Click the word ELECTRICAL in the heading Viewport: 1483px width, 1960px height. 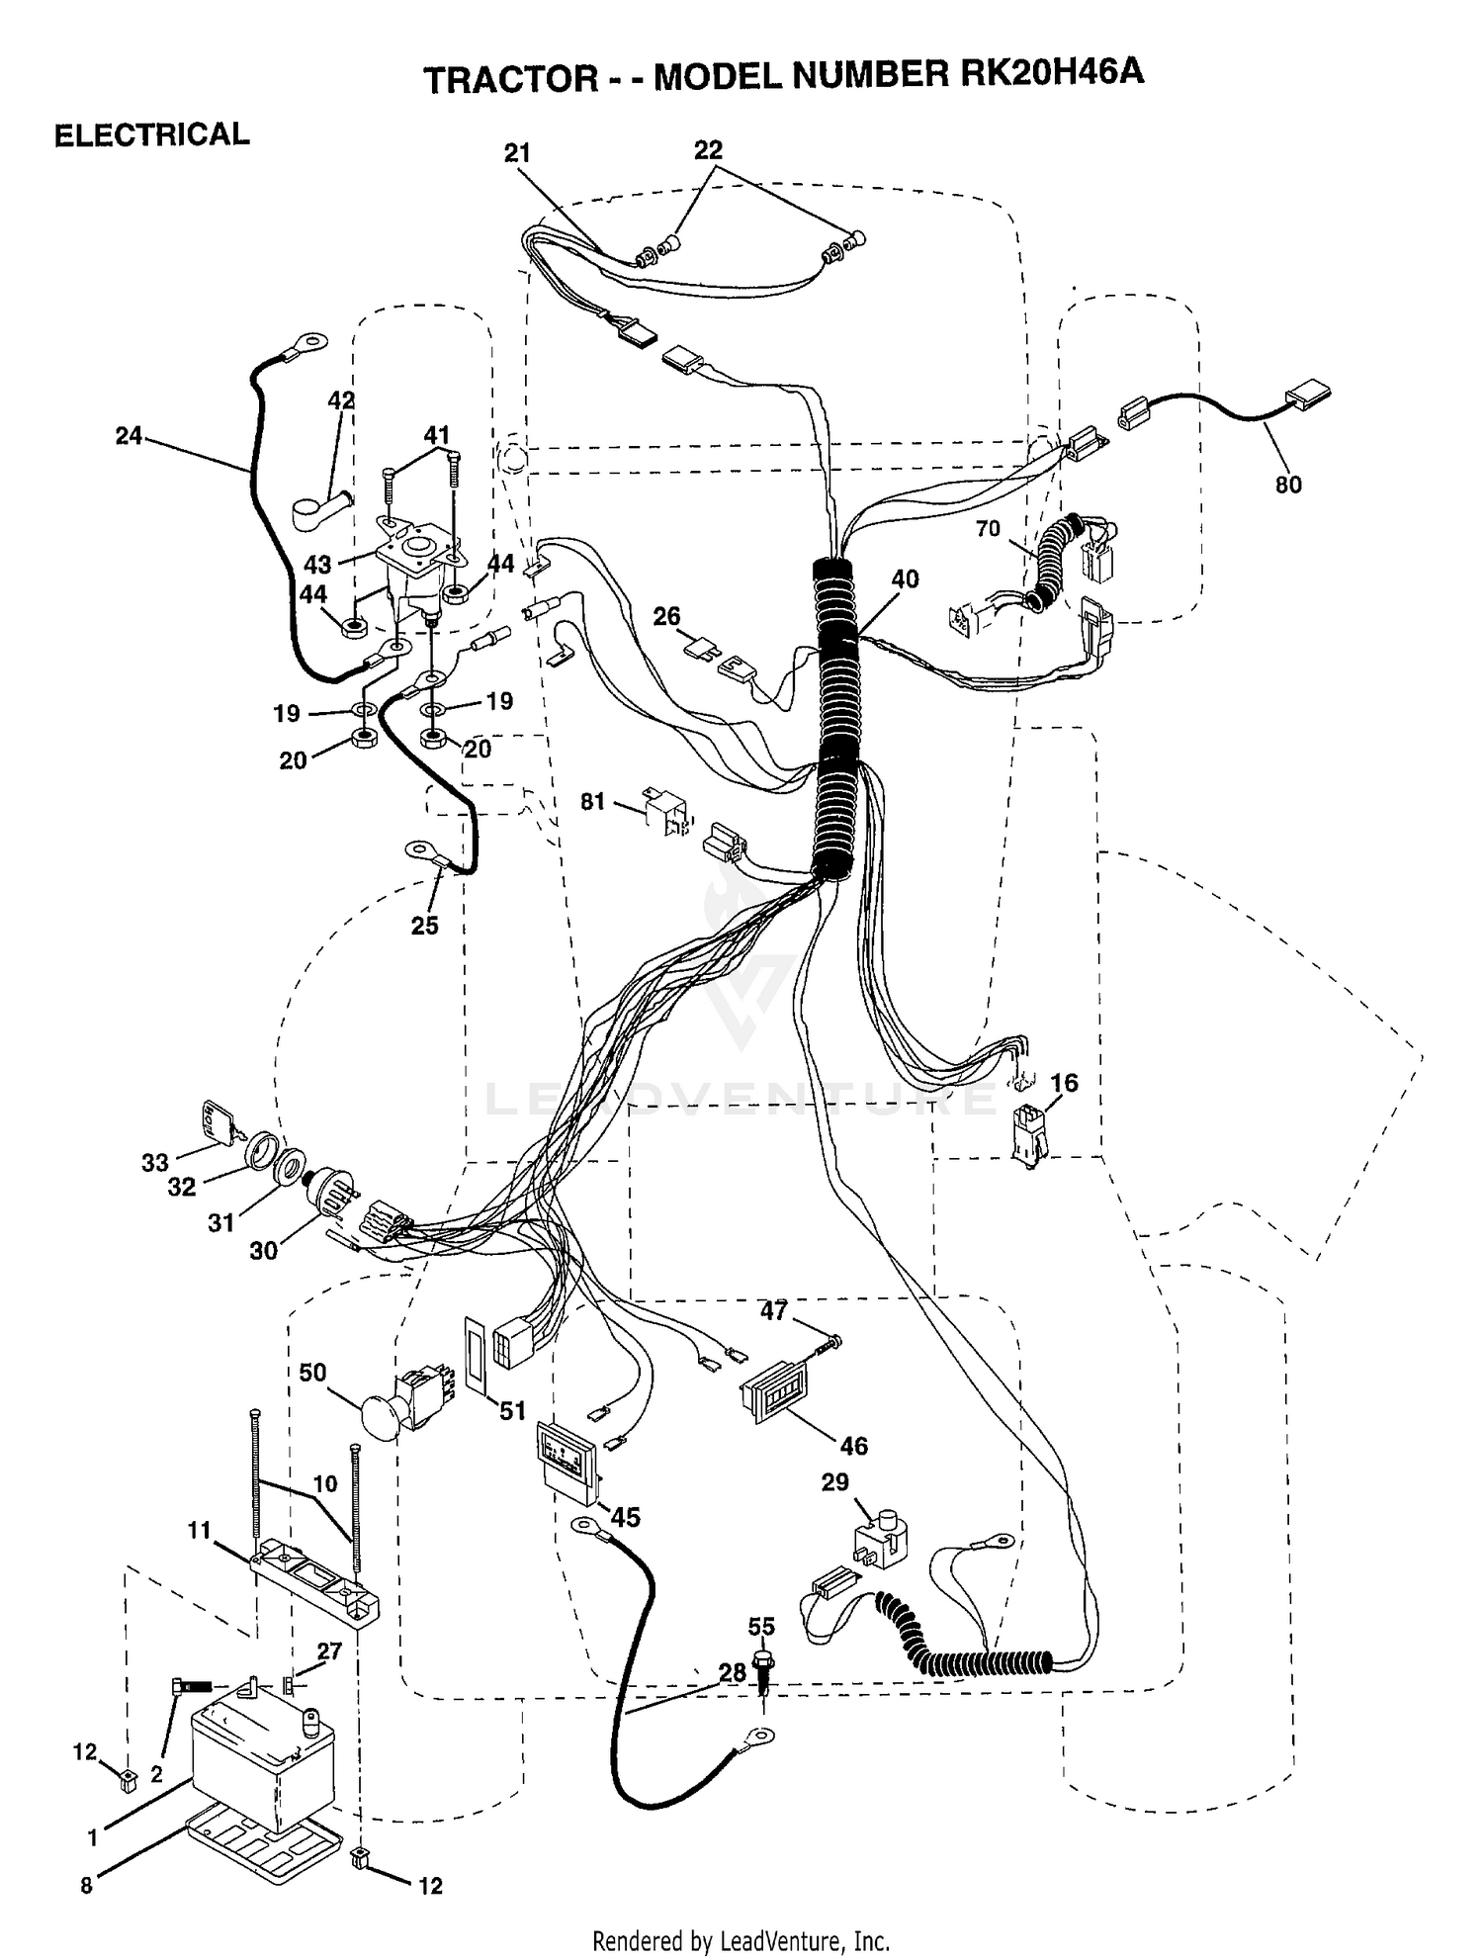coord(151,134)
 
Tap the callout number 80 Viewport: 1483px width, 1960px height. coord(1288,485)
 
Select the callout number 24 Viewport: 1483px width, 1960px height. coord(129,435)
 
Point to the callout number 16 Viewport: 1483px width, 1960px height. coord(1064,1083)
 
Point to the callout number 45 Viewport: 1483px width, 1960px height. coord(626,1516)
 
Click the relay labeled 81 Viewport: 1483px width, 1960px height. coord(663,811)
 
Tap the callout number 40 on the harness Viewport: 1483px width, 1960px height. coord(905,579)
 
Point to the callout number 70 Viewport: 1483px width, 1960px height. coord(988,529)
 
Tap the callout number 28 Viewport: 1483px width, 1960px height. coord(732,1672)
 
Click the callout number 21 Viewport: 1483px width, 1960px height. coord(517,152)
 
